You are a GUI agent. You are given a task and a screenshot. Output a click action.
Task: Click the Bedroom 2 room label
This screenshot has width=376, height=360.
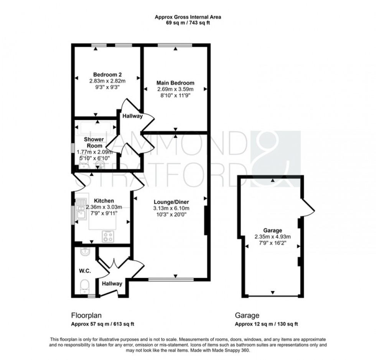[x=108, y=74]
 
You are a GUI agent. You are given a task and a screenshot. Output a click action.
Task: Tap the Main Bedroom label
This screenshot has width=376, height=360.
[x=175, y=83]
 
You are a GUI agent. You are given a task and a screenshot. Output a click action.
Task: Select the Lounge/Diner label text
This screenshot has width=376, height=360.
[x=171, y=202]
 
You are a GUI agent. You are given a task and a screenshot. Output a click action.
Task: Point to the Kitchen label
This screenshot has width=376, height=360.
[x=104, y=201]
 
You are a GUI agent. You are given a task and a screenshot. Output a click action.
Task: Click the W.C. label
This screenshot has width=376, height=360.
[x=84, y=271]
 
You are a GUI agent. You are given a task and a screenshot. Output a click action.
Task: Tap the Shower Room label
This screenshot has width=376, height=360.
[x=94, y=142]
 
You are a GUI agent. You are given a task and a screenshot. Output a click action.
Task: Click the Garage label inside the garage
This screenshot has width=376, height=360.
[x=272, y=230]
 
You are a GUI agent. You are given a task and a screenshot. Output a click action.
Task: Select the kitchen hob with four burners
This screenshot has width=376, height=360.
[x=108, y=237]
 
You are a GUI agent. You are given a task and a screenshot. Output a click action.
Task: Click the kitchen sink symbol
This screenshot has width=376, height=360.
[x=81, y=209]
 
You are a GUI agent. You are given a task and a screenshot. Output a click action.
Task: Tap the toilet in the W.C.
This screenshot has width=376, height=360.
[x=84, y=286]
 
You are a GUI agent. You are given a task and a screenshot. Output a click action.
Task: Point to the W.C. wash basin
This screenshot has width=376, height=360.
[x=85, y=252]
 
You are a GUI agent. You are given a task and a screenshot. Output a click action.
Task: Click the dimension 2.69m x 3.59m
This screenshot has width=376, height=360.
[x=175, y=89]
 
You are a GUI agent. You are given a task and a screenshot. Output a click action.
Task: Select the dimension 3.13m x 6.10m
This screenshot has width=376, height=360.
[x=171, y=209]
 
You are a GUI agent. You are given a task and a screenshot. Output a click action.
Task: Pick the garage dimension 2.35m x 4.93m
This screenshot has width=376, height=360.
[x=272, y=237]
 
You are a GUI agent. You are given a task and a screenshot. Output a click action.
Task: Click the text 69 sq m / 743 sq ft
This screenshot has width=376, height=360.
[x=188, y=23]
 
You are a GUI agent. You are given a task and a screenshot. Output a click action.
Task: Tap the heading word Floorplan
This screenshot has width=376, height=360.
[x=86, y=316]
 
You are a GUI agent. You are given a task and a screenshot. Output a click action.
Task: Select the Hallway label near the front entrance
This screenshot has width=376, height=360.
[x=112, y=284]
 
